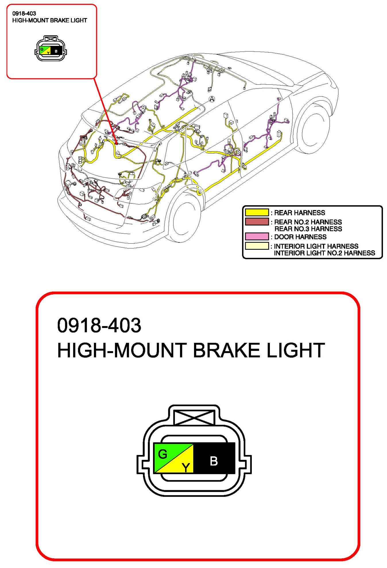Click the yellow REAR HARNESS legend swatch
point(257,212)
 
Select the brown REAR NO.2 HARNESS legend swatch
point(257,222)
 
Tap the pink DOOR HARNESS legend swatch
point(257,237)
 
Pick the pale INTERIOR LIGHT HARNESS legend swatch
point(257,246)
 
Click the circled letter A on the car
point(212,99)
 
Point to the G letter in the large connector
point(162,454)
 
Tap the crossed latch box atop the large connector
point(194,417)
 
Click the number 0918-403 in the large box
point(99,326)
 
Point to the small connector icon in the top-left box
point(51,49)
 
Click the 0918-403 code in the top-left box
point(24,13)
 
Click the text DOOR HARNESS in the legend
point(300,237)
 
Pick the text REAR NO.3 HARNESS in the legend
point(308,229)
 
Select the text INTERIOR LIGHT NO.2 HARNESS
point(324,253)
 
